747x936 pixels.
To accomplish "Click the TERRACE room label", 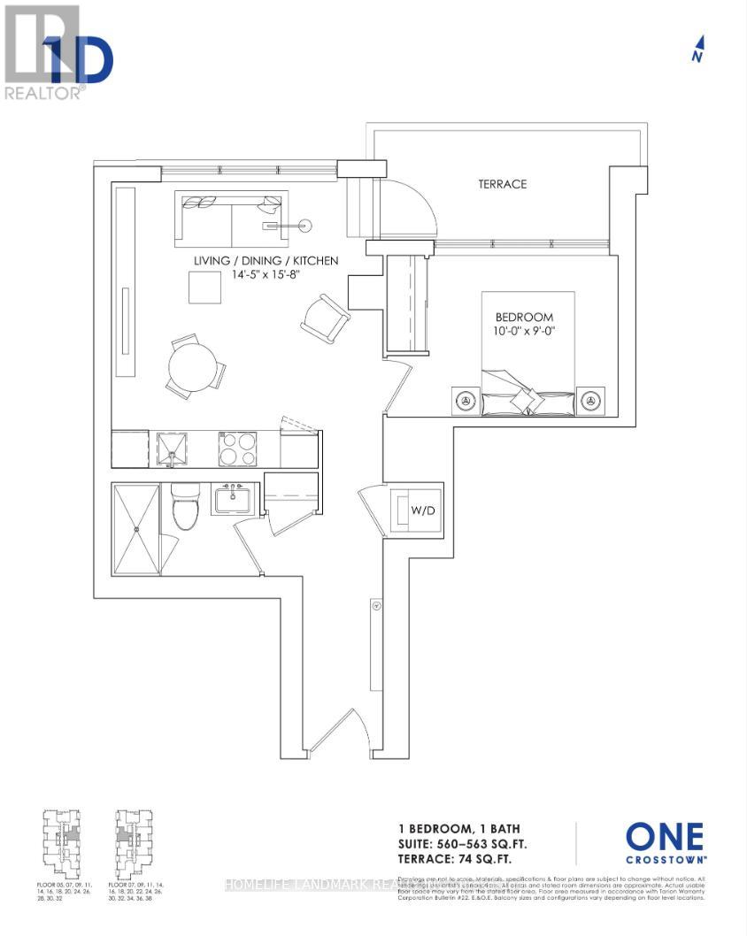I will tap(502, 184).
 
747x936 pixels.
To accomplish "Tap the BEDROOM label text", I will tap(524, 317).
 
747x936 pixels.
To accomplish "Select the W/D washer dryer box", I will tap(418, 510).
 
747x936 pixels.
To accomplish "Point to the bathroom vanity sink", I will tap(234, 499).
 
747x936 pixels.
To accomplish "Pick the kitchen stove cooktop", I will tap(237, 449).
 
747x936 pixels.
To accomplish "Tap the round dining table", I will tap(193, 365).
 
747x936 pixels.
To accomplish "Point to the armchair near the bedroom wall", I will tap(326, 318).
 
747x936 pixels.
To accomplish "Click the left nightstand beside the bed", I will tap(465, 401).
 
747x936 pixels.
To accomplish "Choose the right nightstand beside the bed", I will tap(589, 401).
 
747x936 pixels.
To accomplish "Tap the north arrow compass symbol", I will tap(698, 49).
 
